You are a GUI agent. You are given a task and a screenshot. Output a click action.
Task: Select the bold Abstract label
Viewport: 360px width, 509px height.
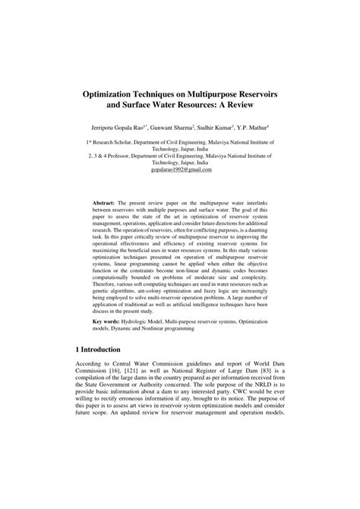click(x=106, y=204)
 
